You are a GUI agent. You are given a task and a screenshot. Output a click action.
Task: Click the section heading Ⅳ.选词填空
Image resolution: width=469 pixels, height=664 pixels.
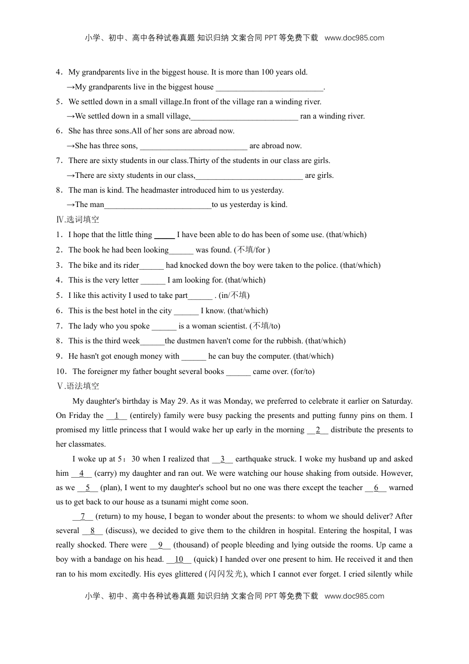[78, 220]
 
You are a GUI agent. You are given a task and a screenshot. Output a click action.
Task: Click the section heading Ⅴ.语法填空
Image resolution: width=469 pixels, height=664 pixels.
[78, 386]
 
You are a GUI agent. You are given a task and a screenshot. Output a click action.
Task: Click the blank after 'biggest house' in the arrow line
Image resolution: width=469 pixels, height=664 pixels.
[269, 87]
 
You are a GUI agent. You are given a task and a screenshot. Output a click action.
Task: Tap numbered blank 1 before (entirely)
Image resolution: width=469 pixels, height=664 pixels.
[117, 416]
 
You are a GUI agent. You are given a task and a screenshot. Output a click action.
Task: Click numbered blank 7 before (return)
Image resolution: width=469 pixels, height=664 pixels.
[83, 517]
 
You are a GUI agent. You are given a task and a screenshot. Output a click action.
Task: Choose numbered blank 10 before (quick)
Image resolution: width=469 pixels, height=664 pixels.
[179, 560]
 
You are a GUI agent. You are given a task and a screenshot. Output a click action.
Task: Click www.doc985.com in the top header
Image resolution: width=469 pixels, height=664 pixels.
[354, 38]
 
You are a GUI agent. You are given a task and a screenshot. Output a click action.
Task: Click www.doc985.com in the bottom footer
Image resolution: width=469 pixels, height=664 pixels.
[354, 596]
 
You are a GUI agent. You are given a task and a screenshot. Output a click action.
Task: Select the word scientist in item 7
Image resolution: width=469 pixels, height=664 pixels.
[232, 326]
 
